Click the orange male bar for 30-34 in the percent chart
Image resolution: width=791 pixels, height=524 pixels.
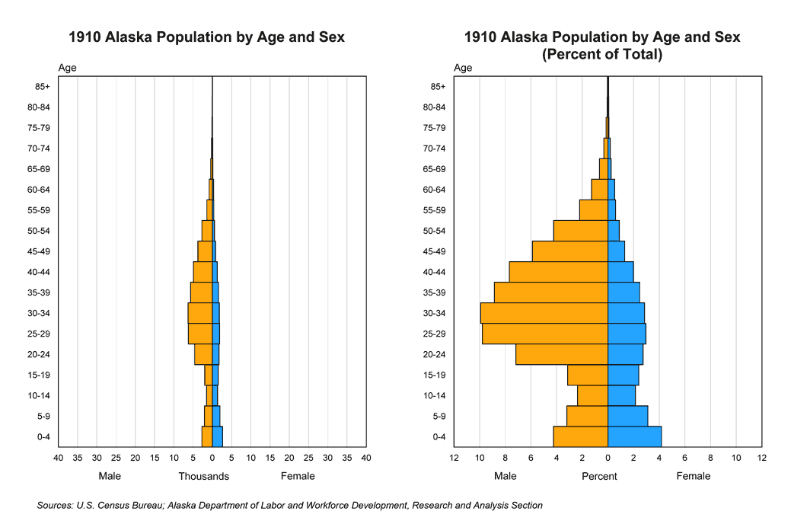(x=544, y=313)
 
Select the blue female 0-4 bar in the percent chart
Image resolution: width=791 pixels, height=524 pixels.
(x=634, y=436)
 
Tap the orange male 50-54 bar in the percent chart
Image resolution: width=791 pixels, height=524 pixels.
(x=580, y=231)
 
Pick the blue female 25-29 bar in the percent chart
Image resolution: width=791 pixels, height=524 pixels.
(x=627, y=334)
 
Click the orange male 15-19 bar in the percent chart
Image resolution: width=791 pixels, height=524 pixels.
(x=587, y=375)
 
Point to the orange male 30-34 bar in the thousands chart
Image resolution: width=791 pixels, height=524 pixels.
(x=199, y=313)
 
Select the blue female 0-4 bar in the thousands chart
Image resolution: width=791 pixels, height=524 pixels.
(x=217, y=436)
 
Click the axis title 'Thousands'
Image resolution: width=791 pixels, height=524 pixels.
(x=204, y=476)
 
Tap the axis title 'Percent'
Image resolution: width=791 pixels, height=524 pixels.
(x=600, y=476)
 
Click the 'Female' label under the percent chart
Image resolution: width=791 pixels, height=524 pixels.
(x=694, y=476)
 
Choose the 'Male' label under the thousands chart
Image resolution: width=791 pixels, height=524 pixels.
(x=110, y=476)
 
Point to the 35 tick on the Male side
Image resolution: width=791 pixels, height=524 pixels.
(x=77, y=458)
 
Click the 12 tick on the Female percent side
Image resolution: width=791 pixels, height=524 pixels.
(x=761, y=458)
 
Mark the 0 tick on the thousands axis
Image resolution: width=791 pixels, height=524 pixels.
(x=212, y=458)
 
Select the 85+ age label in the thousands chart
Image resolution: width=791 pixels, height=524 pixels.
(x=43, y=87)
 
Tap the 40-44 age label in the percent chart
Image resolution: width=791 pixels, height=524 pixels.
(x=439, y=272)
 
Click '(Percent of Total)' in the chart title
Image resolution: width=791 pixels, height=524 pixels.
(x=601, y=55)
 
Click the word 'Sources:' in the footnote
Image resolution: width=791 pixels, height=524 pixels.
(x=55, y=505)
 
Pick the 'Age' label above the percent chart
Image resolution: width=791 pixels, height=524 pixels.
(x=463, y=68)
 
